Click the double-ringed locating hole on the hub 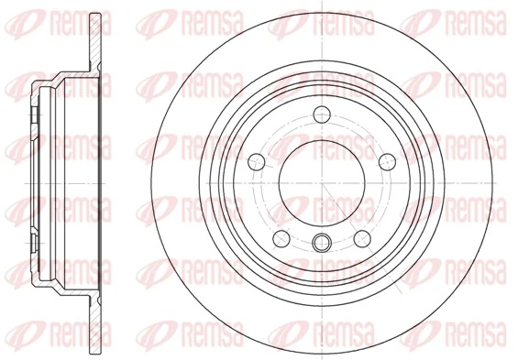(320, 242)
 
